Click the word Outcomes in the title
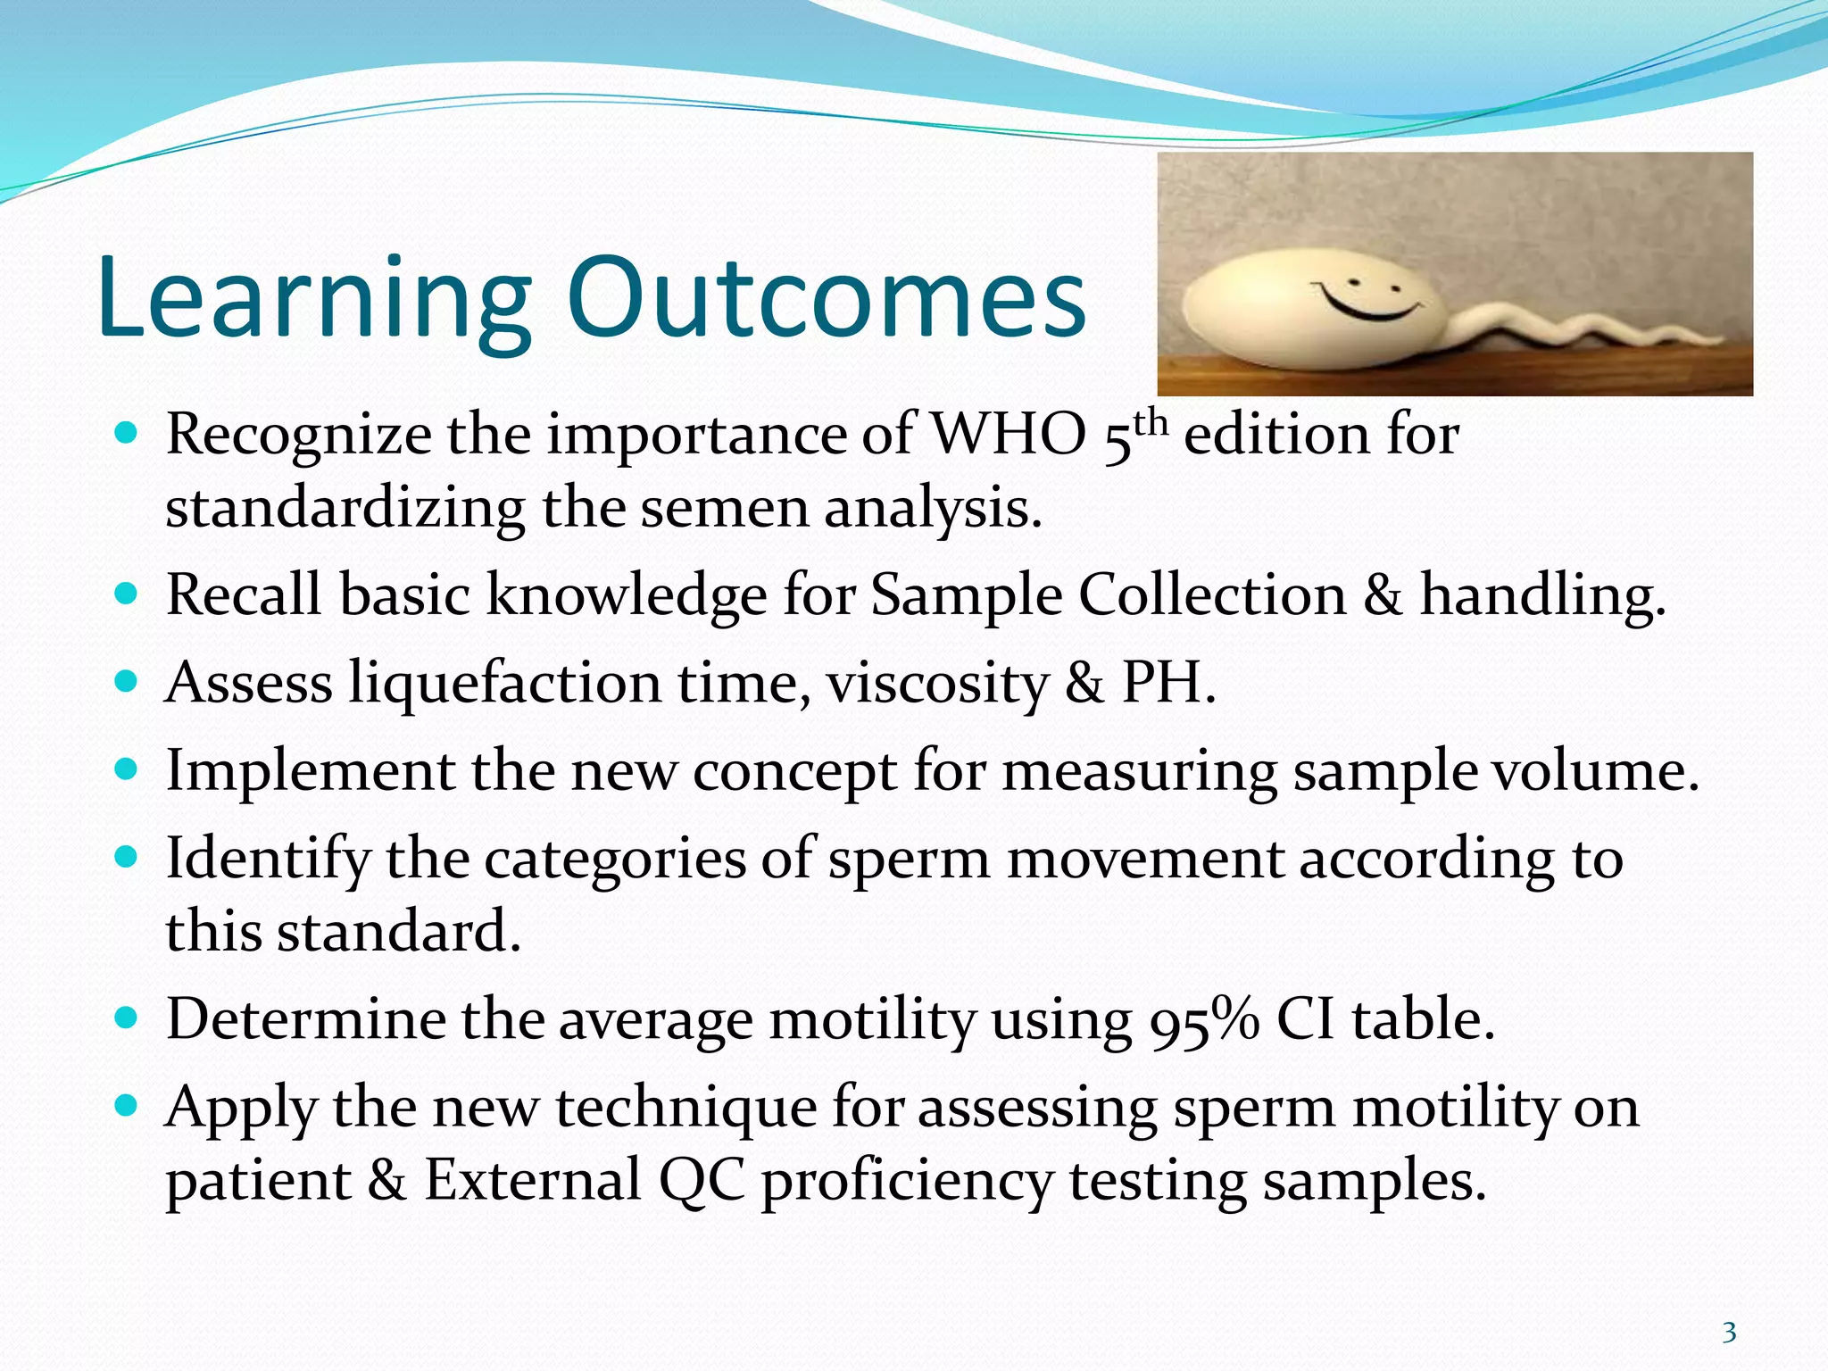[x=826, y=299]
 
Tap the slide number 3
[x=1729, y=1333]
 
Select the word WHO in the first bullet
[x=1008, y=436]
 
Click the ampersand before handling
[x=1383, y=595]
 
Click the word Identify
[x=268, y=860]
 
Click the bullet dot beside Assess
[x=128, y=681]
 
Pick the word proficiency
[x=907, y=1182]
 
